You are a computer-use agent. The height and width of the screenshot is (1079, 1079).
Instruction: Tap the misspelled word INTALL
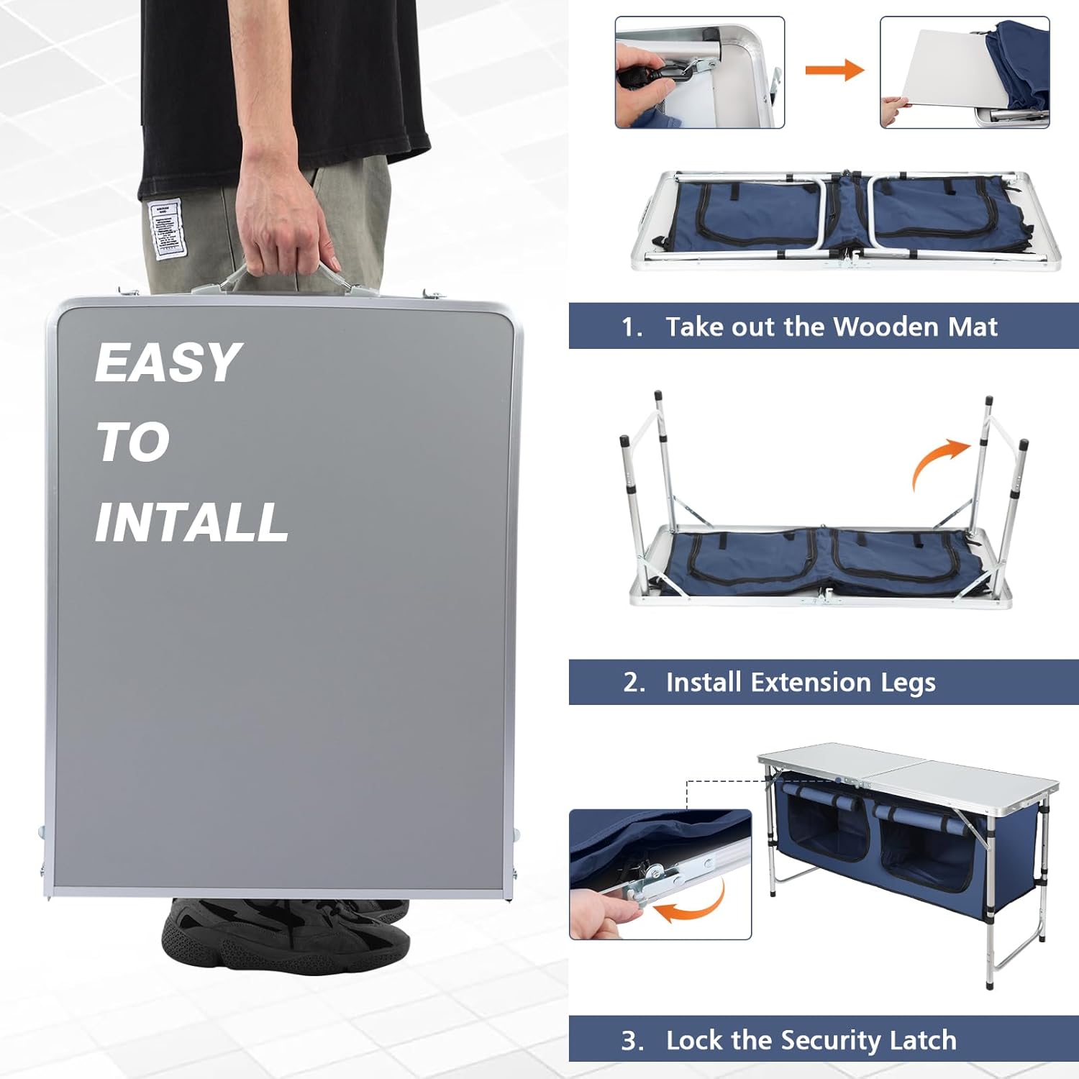[x=191, y=522]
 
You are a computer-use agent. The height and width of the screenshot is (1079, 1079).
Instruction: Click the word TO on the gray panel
[x=133, y=442]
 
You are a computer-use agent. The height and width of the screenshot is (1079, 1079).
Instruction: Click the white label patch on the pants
[x=166, y=229]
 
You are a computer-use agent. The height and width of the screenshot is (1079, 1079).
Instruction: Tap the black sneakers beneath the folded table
[x=288, y=935]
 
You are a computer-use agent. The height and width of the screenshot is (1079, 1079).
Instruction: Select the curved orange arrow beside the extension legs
[x=939, y=460]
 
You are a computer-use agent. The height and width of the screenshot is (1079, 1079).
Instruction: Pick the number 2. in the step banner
[x=634, y=682]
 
